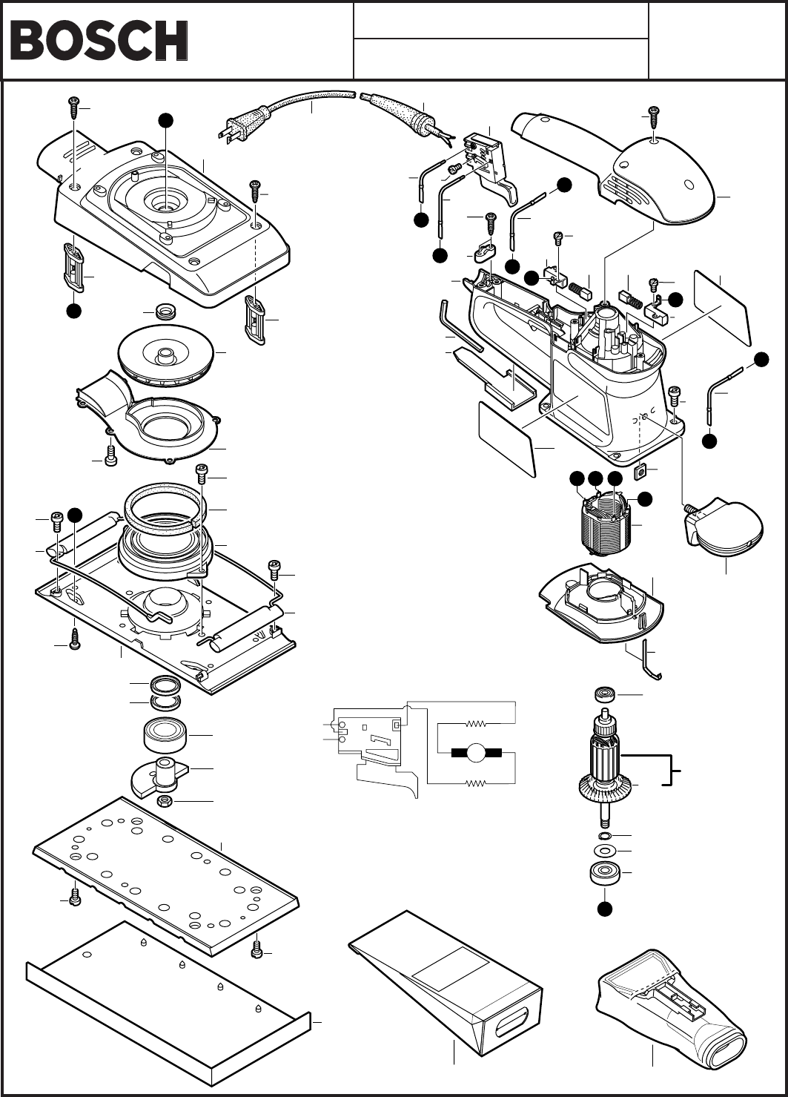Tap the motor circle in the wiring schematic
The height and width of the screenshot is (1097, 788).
pyautogui.click(x=476, y=753)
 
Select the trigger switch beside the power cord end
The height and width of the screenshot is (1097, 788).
pyautogui.click(x=491, y=162)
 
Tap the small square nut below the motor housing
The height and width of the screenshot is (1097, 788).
pyautogui.click(x=640, y=472)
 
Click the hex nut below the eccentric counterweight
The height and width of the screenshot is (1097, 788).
pyautogui.click(x=165, y=802)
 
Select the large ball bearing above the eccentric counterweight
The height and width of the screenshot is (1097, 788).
pyautogui.click(x=165, y=737)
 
